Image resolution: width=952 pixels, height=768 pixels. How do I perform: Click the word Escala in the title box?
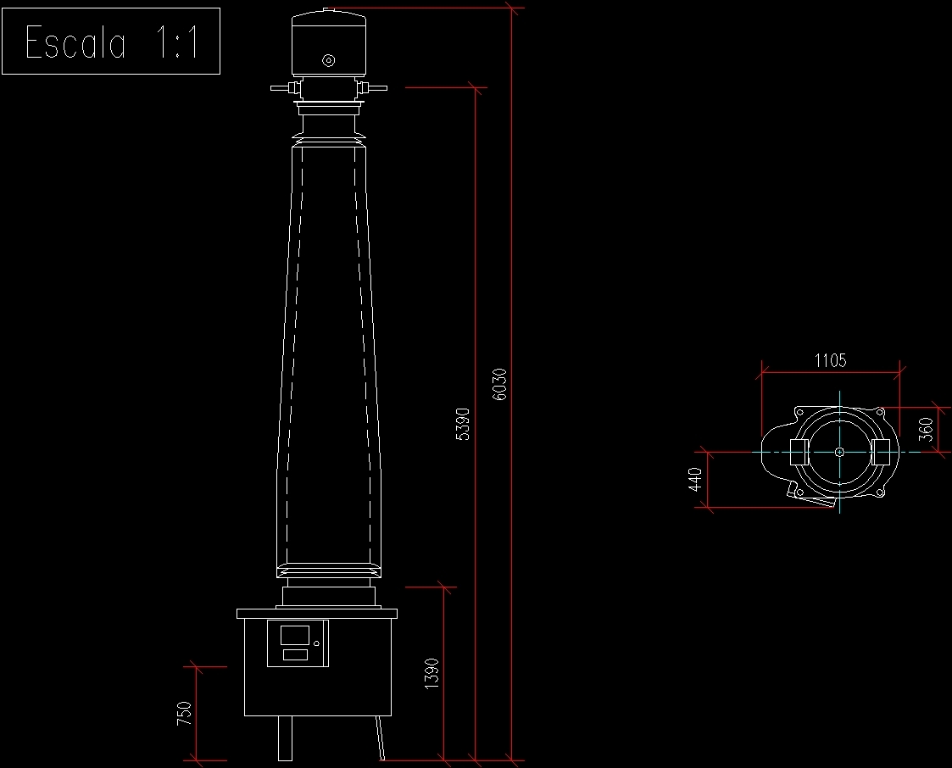76,42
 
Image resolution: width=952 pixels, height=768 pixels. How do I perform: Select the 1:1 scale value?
177,42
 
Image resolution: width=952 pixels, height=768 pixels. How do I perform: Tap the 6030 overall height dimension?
500,383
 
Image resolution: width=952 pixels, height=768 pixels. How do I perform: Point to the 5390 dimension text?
463,424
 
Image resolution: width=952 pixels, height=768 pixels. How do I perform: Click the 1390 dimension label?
431,674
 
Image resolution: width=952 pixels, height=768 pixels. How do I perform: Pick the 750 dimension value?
185,713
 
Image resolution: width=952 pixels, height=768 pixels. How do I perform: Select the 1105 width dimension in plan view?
830,360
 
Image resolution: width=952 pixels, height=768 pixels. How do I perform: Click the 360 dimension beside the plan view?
927,429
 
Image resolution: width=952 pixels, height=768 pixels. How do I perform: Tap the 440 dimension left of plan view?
695,480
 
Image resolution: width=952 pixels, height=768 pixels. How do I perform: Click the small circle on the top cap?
329,60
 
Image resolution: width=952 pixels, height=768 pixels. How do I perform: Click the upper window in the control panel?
295,635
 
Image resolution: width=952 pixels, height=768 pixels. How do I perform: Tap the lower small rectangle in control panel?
295,654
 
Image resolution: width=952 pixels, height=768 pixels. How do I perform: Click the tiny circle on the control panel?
316,644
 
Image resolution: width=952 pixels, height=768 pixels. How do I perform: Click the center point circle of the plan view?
838,452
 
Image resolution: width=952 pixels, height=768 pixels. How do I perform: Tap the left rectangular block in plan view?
799,452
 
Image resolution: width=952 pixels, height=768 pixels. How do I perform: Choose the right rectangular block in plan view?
881,452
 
